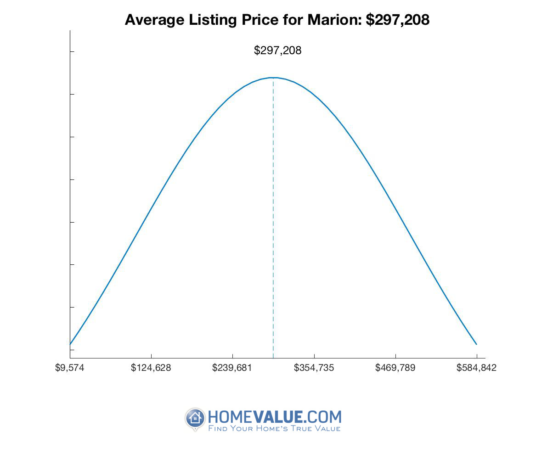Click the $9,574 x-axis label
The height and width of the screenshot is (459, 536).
(x=70, y=368)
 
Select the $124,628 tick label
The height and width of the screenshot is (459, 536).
(x=151, y=368)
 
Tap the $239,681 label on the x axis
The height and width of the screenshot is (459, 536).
(x=232, y=368)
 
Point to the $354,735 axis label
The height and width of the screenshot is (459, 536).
(x=314, y=368)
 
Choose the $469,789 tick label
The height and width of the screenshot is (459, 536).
(x=395, y=368)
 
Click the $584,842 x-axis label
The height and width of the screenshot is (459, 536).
(x=476, y=368)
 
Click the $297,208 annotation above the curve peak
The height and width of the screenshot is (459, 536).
(x=277, y=50)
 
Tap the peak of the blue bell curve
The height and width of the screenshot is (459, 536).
(x=273, y=78)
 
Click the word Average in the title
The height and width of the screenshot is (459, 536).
(x=152, y=20)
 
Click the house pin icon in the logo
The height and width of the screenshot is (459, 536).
(x=195, y=418)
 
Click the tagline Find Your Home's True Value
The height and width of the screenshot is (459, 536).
(x=275, y=429)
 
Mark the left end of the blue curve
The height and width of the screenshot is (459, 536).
(x=70, y=344)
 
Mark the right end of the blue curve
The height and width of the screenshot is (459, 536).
(x=476, y=344)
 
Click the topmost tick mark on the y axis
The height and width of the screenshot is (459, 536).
(x=71, y=51)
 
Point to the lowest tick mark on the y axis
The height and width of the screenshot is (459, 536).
(x=71, y=350)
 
